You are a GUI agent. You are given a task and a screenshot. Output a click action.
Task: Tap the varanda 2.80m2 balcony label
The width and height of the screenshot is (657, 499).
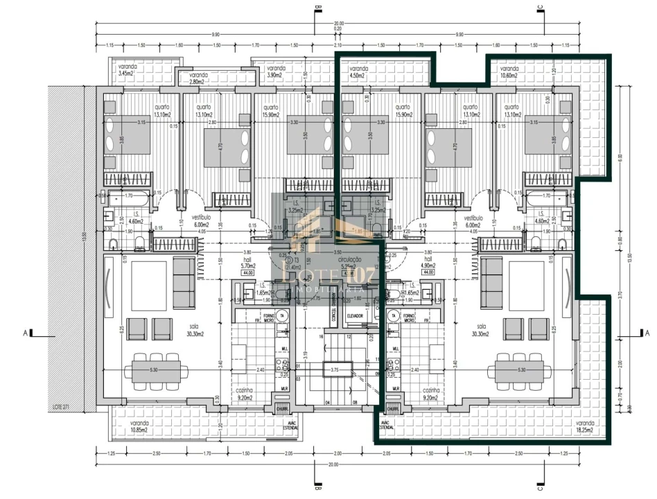point(198,78)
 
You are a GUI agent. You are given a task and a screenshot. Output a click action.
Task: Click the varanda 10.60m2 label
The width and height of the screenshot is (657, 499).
point(509,73)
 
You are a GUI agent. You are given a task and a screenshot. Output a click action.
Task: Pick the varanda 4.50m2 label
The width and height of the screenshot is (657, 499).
point(359,73)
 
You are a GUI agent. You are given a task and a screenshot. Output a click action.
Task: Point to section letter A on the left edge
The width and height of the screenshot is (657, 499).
point(26,333)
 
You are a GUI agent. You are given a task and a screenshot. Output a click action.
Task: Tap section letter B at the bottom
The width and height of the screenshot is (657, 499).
point(317,486)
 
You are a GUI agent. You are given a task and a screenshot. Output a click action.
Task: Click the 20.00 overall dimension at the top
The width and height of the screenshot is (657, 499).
point(338,24)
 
